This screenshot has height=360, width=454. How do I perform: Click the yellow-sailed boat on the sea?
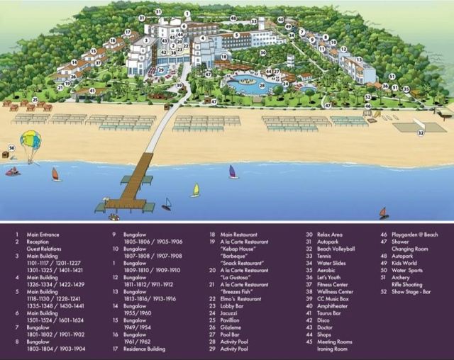196,190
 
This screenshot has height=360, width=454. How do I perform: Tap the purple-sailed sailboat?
233,172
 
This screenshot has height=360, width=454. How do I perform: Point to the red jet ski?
13,171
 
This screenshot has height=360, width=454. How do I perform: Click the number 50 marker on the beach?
11,147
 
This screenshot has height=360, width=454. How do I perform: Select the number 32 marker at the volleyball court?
420,133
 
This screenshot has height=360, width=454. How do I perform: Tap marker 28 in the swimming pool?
262,86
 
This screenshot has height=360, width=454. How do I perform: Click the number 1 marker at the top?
187,13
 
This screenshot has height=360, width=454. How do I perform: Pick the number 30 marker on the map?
262,52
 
